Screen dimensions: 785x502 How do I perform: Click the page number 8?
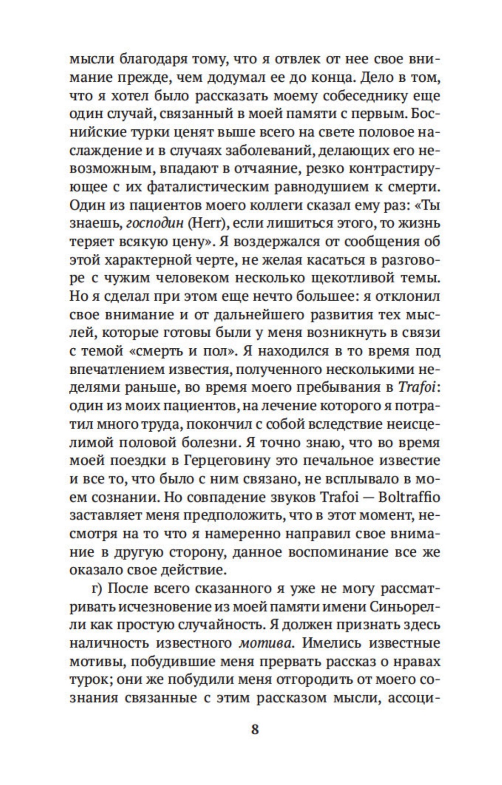[255, 729]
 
